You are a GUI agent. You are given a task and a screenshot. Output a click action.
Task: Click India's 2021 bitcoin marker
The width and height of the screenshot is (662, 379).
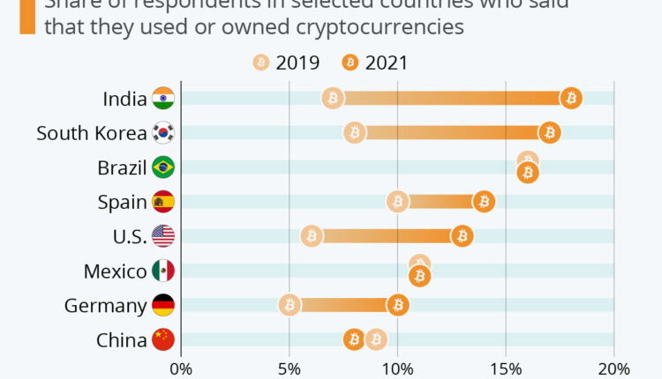[x=571, y=98]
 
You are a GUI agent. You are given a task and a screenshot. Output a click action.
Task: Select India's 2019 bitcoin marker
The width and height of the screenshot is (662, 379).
[x=333, y=98]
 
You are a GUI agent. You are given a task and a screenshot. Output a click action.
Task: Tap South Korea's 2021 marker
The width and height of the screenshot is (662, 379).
[x=549, y=132]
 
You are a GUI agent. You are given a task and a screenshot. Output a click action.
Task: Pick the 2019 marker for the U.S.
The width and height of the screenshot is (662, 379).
[x=311, y=235]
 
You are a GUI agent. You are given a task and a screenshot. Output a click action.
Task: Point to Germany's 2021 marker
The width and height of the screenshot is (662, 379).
[x=397, y=305]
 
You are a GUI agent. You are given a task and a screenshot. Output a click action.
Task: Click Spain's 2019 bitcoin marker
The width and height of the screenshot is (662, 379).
[x=397, y=202]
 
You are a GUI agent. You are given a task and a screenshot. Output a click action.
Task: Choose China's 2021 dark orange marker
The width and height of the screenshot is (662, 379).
[x=354, y=339]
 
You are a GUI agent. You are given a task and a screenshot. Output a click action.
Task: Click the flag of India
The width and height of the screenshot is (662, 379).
[x=163, y=98]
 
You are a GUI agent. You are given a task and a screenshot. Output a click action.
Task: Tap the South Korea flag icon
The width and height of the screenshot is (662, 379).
[x=163, y=132]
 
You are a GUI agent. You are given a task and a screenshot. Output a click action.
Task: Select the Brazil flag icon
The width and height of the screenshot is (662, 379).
[x=163, y=167]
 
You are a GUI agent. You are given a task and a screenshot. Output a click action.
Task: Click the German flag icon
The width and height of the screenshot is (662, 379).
[x=163, y=305]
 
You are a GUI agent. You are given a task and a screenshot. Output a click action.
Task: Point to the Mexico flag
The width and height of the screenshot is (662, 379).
[x=163, y=271]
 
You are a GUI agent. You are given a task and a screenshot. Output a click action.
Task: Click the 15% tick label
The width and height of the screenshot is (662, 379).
[x=506, y=368]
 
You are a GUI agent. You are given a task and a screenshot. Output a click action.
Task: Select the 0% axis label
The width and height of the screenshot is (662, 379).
[x=180, y=368]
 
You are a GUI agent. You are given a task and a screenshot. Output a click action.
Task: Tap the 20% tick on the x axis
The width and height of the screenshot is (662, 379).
[x=614, y=368]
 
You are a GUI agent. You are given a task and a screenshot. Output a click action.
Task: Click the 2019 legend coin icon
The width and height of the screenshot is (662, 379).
[x=261, y=63]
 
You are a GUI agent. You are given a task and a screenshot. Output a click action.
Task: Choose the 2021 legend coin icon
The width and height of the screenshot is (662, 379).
[x=350, y=63]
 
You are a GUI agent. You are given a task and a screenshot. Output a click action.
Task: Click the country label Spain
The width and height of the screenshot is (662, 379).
[x=122, y=202]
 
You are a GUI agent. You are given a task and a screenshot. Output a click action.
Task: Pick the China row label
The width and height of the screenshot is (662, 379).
[x=122, y=339]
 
